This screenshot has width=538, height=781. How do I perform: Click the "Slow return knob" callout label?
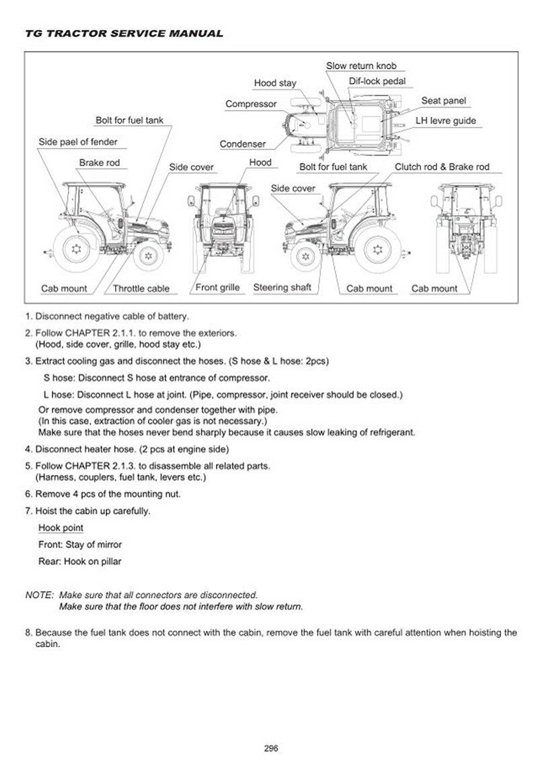tap(361, 66)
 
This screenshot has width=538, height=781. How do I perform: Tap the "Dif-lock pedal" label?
tap(377, 81)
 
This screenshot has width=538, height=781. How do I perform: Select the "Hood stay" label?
tap(275, 83)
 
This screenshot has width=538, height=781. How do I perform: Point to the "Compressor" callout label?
tap(251, 104)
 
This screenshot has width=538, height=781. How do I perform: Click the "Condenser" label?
tap(243, 144)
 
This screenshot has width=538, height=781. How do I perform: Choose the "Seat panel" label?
tap(444, 101)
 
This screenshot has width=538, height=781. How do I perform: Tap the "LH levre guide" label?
tap(445, 121)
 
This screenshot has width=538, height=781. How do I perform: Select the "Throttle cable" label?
tap(141, 289)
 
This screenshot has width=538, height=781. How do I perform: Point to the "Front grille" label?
tap(218, 288)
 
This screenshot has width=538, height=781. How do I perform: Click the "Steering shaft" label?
tap(282, 288)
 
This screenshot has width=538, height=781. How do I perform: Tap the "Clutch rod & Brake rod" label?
tap(442, 166)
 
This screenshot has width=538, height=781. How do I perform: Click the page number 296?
tap(272, 747)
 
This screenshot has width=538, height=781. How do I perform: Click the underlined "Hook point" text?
tap(61, 528)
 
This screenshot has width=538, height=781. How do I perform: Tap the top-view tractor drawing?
tap(343, 124)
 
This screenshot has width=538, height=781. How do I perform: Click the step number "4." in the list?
tap(29, 449)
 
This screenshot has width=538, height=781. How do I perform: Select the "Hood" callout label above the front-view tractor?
tap(260, 163)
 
